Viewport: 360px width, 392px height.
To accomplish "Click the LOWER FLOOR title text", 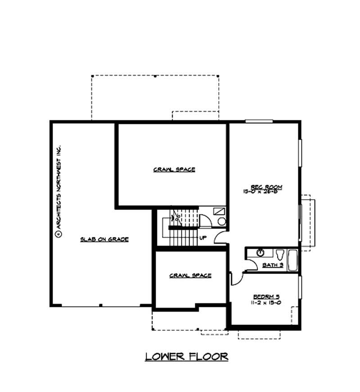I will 186,357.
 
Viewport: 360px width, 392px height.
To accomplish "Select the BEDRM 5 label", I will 266,296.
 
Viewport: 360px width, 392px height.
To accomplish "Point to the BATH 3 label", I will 273,265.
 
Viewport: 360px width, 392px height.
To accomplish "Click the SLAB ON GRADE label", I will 104,239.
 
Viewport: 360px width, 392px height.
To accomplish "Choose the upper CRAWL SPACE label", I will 174,170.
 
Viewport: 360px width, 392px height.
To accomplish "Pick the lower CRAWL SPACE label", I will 190,275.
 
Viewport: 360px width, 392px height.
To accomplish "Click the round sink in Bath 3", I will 260,252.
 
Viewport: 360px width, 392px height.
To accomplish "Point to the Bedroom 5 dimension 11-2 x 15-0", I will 266,303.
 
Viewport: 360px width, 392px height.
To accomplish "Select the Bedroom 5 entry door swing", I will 235,279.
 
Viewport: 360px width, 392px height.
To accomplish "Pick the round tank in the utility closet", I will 221,221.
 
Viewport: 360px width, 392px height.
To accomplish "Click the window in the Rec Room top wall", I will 259,121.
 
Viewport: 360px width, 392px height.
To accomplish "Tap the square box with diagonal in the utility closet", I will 219,211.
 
